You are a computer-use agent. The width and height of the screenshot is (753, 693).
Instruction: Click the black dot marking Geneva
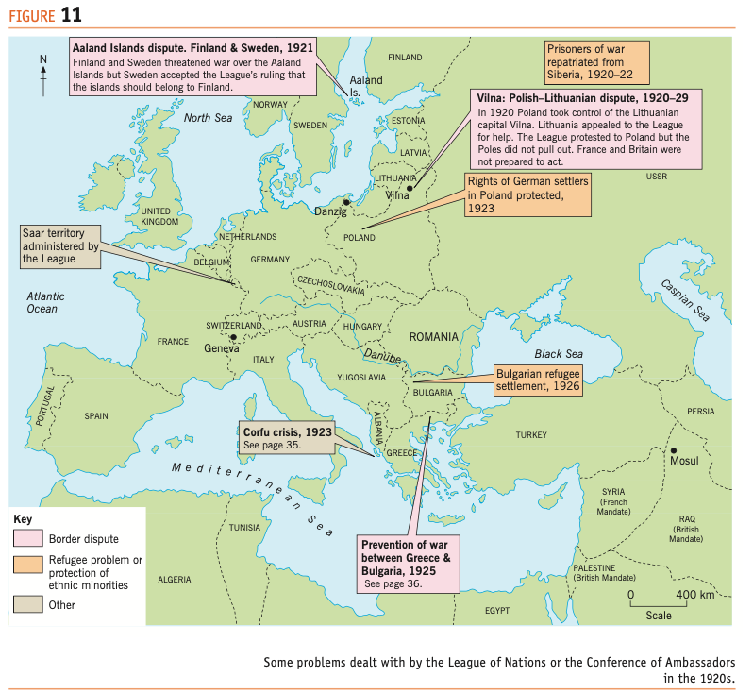(232, 337)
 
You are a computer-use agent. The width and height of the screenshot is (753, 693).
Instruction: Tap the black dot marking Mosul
(674, 450)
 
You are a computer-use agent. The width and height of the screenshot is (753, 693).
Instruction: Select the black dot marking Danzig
(347, 201)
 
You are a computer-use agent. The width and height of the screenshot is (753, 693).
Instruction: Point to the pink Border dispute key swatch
(28, 539)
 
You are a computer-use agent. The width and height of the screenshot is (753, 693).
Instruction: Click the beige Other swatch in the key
(28, 604)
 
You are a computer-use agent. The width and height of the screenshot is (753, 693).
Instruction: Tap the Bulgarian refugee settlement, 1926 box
(536, 379)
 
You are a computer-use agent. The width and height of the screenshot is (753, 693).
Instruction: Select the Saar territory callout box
(60, 245)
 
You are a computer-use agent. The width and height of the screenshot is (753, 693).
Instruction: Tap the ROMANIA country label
(433, 336)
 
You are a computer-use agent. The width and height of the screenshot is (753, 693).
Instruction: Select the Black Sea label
(560, 353)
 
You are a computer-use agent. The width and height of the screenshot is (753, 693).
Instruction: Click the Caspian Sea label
(684, 298)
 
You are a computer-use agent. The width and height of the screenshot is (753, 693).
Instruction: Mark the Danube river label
(382, 355)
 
